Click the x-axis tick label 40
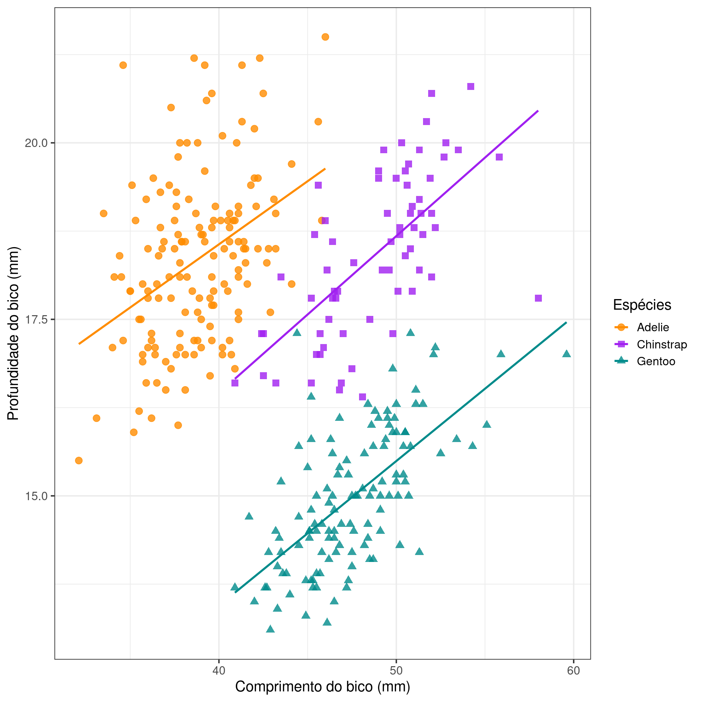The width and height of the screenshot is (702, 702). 219,671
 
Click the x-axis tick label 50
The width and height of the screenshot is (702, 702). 396,671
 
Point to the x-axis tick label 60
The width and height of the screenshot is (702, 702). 573,671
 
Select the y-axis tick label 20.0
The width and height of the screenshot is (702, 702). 36,143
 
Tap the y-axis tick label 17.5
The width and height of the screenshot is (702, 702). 36,320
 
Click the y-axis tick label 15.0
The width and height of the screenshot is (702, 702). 36,496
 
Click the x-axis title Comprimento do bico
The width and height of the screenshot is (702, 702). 322,687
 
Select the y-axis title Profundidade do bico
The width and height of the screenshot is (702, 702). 13,333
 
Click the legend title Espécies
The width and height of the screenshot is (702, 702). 642,305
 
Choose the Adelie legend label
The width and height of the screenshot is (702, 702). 653,327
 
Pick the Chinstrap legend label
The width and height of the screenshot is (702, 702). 662,344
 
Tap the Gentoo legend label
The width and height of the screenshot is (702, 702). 656,362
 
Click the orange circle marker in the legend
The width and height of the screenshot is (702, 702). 621,327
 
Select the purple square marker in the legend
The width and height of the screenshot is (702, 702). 621,344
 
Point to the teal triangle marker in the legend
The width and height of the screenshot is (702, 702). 621,361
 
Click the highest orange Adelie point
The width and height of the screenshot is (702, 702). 325,37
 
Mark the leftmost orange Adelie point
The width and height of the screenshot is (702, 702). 79,460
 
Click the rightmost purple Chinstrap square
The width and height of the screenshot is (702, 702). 538,298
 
